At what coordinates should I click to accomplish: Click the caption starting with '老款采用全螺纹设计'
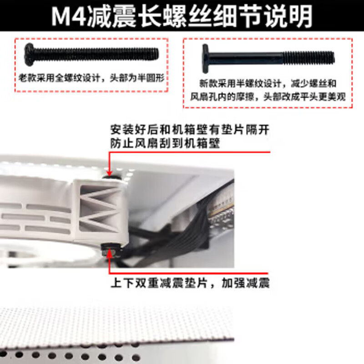pos(91,78)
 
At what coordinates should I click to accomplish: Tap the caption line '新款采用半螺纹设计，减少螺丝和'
pos(268,84)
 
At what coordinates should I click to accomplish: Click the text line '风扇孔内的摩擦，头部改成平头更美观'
pos(268,97)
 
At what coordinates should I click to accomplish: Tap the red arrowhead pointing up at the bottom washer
pos(110,255)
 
